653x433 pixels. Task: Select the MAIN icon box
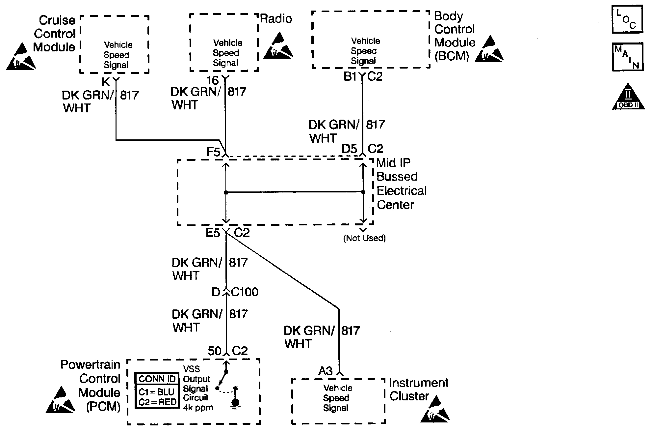(627, 57)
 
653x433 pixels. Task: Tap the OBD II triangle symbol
(628, 97)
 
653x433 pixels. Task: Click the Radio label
(276, 18)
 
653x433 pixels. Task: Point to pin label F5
(213, 152)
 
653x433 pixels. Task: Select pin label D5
(349, 149)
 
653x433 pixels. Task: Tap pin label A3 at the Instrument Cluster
(326, 371)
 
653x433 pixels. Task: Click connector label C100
(245, 292)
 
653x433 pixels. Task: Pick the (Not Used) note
(364, 238)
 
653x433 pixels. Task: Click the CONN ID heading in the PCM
(157, 379)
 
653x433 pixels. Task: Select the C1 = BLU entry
(156, 392)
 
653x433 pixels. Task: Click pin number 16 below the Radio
(213, 80)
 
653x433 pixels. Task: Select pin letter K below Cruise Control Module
(106, 82)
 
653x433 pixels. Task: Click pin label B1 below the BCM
(350, 76)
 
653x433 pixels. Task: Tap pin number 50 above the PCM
(215, 351)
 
